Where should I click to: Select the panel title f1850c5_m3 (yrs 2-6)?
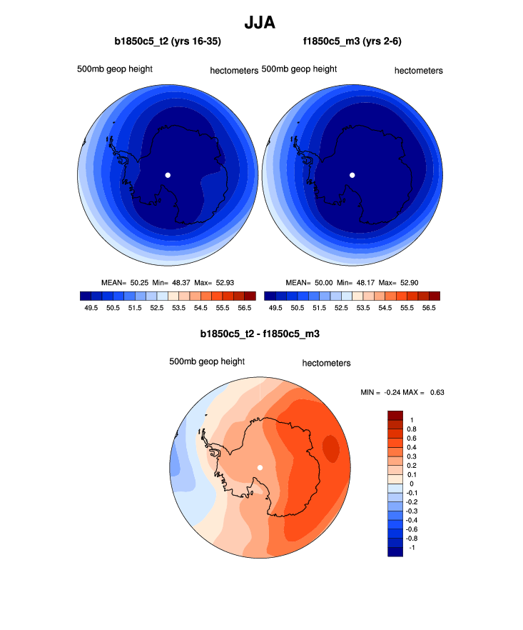[352, 41]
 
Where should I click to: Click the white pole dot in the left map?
[168, 174]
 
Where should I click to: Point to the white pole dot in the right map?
[352, 174]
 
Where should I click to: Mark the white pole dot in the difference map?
[260, 467]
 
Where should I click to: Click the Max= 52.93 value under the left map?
[235, 283]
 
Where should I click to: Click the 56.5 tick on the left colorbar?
[244, 308]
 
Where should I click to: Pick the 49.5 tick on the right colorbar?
[275, 308]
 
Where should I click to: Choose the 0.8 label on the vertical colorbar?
[412, 429]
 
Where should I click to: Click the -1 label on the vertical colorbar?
[412, 546]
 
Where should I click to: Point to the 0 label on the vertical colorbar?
[411, 484]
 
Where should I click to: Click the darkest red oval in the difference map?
[331, 449]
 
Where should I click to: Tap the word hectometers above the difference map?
[326, 363]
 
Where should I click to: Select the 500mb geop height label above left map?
[115, 69]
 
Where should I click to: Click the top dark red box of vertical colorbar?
[395, 414]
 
